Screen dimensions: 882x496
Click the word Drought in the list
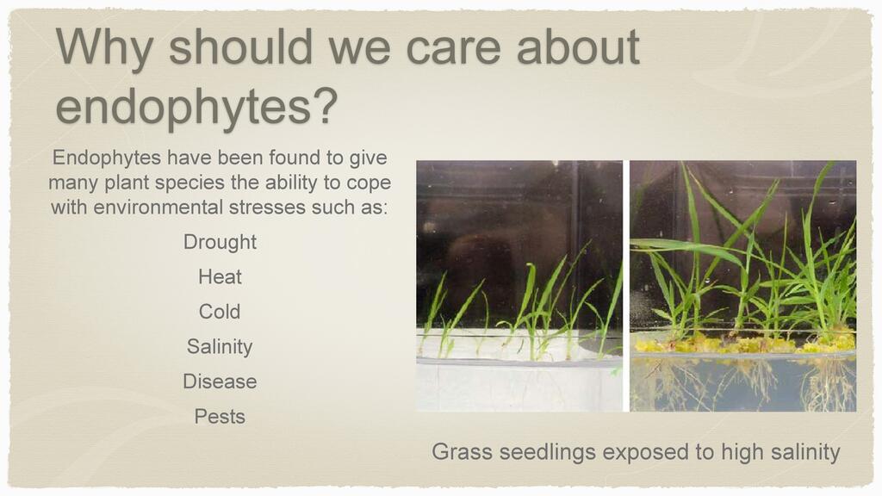coord(220,242)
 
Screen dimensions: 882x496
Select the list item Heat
coord(220,276)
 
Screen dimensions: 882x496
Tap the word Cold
coord(220,312)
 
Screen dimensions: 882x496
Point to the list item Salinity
coord(220,346)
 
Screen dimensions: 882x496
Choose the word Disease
coord(220,381)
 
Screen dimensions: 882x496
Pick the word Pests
coord(220,416)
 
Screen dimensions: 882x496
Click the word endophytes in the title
coord(183,107)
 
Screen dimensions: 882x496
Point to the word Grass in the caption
coord(463,451)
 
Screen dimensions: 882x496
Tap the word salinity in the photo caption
coord(805,452)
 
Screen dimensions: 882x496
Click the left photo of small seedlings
coord(519,286)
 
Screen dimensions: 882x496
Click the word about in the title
coord(578,47)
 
